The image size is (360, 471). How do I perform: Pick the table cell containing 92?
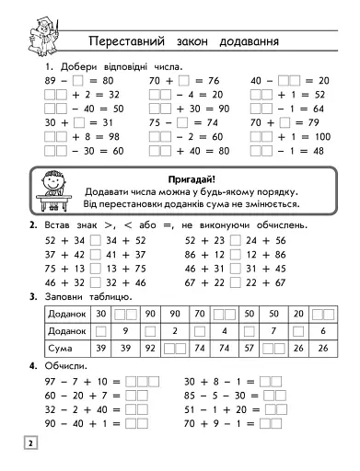click(149, 350)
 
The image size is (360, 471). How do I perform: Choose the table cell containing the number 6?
click(323, 331)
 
